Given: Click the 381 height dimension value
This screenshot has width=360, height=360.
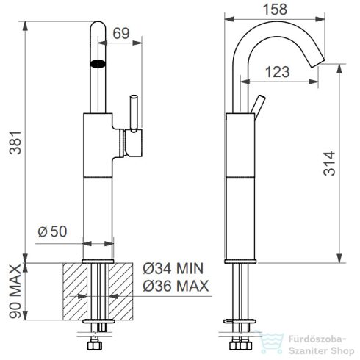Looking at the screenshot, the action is (x=15, y=143).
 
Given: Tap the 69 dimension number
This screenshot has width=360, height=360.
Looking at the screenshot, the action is (x=121, y=33).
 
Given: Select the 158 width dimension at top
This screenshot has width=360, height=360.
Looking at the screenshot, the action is (x=275, y=10).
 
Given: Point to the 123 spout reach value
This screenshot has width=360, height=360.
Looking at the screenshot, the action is (x=278, y=72).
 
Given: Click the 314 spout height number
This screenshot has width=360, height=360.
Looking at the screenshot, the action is (x=329, y=163).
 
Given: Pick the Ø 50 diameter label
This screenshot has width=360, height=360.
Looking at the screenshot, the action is (x=52, y=231).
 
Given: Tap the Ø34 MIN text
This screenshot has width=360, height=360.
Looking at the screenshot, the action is (x=173, y=268).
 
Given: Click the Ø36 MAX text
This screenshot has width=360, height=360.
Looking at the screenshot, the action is (x=176, y=286).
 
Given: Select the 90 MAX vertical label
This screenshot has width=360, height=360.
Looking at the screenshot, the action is (x=15, y=291).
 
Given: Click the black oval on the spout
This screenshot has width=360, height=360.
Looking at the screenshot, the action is (x=98, y=64).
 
